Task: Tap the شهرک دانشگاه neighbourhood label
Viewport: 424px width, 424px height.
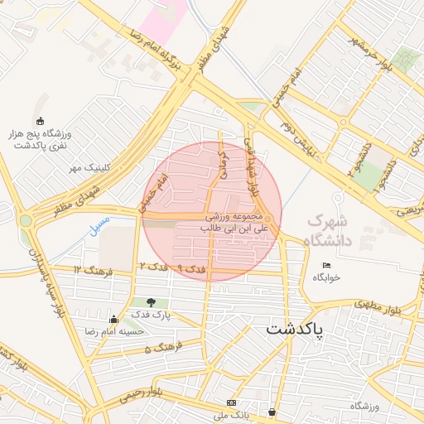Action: pos(328,231)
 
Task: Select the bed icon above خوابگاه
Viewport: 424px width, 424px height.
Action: pos(327,265)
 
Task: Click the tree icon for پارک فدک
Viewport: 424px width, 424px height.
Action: pos(151,303)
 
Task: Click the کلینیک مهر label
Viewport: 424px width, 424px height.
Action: pos(90,167)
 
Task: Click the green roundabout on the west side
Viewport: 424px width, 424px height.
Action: pos(26,221)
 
